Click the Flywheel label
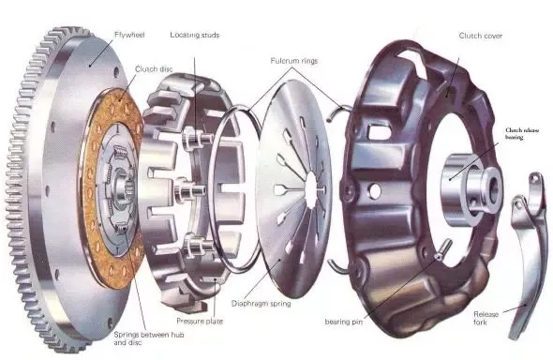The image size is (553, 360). point(129,35)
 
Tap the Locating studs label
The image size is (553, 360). point(195,35)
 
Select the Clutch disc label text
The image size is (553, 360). point(154,69)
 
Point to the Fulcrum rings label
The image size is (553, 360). point(294,61)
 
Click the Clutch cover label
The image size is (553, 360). point(480,36)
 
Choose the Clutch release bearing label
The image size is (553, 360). point(522,134)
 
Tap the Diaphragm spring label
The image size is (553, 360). point(261,304)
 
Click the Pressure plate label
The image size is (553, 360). point(200,322)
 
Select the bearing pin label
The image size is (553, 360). point(343,322)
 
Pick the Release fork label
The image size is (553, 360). point(486,318)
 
